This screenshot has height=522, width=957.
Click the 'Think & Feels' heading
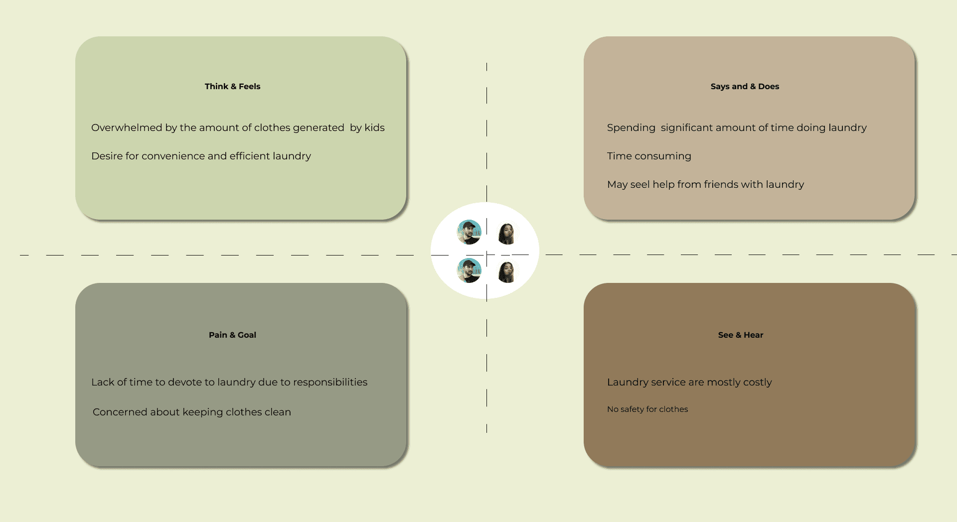[x=232, y=86]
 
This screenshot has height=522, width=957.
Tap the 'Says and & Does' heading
[x=745, y=86]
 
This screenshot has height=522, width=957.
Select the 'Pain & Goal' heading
[x=232, y=335]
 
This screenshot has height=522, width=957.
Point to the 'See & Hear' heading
[x=740, y=335]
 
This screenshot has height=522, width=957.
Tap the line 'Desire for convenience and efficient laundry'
[x=201, y=156]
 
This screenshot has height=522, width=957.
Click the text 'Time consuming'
[x=649, y=156]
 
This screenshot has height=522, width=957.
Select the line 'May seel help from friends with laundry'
[x=705, y=184]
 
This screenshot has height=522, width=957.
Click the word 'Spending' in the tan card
[x=631, y=128]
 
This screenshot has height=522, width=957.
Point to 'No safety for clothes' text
[x=647, y=409]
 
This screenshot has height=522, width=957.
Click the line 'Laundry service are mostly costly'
[x=689, y=382]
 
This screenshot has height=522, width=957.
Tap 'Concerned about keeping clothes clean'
[x=191, y=412]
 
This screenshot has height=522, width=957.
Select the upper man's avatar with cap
[x=469, y=232]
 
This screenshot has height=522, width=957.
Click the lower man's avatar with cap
[x=469, y=270]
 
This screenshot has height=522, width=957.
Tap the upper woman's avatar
[x=507, y=234]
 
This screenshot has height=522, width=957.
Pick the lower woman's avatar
[x=507, y=272]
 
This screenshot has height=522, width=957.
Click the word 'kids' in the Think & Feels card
[x=374, y=128]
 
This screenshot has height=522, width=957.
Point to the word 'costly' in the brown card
[x=757, y=382]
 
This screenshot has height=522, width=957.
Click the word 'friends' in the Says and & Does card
[x=721, y=184]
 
